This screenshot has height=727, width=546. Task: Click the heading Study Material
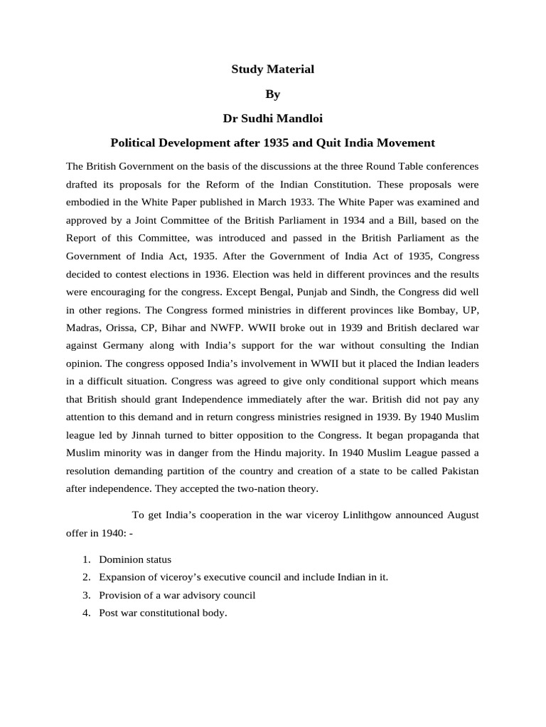click(272, 69)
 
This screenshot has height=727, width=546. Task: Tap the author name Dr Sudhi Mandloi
click(272, 117)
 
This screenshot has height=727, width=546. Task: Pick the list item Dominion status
click(135, 559)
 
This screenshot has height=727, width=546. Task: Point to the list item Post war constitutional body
click(163, 613)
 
